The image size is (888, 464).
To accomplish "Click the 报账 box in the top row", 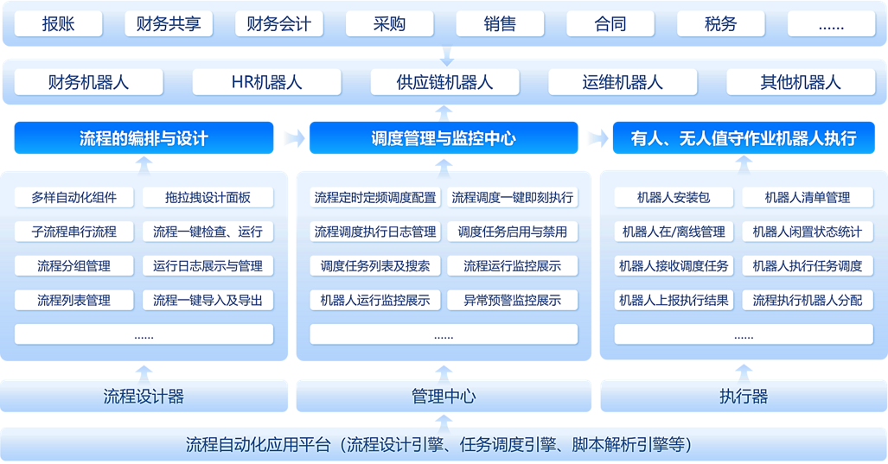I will [58, 24].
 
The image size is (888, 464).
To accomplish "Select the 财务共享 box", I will [169, 24].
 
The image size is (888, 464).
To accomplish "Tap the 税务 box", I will [720, 24].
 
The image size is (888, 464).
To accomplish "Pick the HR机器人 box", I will [266, 83].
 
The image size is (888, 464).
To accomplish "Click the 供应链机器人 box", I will [444, 83].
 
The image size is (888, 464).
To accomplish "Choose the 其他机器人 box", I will [800, 83].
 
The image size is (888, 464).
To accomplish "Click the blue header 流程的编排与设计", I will [144, 138].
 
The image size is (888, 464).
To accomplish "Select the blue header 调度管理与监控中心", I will [443, 138].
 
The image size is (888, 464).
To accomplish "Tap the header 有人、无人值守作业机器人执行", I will [743, 138].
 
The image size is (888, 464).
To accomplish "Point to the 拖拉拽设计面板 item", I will [208, 197].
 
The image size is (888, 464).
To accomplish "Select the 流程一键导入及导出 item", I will [208, 300].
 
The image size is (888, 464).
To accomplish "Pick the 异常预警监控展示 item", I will [512, 300].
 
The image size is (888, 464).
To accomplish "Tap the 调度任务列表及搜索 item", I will [374, 265].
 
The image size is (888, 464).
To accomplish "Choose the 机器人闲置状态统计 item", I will [807, 232].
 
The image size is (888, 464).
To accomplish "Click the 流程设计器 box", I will [144, 397].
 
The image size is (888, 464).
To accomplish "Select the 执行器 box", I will [743, 397].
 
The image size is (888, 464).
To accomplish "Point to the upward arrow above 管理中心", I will [444, 371].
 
